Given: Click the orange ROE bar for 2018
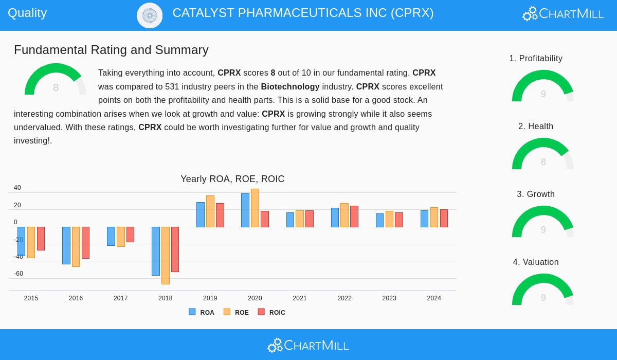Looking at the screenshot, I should coord(166,255).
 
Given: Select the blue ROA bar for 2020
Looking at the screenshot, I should coord(245,210).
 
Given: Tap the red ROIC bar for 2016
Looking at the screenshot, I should coord(85,242).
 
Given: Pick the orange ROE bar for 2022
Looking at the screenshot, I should coord(344,215).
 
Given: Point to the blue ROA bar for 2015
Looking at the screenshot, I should coord(21,241).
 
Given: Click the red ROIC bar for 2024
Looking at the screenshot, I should coord(444,218).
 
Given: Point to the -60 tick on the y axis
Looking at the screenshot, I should coord(19,274).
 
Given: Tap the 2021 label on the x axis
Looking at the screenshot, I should coord(300,298).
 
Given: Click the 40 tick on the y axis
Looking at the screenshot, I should coord(17,188).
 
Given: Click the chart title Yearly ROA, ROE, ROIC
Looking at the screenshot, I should coord(232,179).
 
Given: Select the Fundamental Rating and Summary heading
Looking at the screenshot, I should coord(111,50).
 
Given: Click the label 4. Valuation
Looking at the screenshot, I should coord(536,262).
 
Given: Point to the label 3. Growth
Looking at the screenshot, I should coord(536,194).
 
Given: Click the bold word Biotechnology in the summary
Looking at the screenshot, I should coord(290,86).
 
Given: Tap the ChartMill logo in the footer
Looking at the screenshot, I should coord(308,345).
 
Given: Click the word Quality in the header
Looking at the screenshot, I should coord(27,13).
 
